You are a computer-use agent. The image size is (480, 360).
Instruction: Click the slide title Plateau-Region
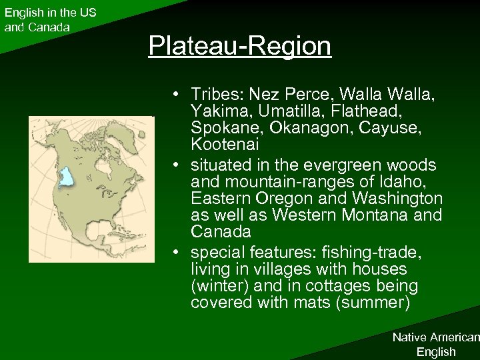239,46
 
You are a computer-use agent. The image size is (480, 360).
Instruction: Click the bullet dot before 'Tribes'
173,92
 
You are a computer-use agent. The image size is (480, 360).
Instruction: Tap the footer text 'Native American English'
435,345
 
